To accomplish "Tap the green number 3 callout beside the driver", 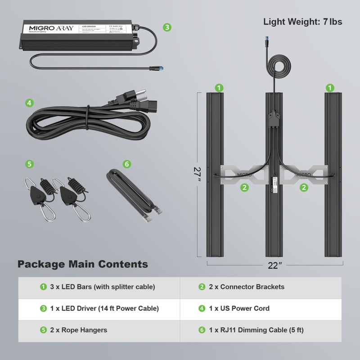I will click(167, 27).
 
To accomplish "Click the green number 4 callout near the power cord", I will click(29, 103).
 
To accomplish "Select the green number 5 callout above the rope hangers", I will click(29, 164).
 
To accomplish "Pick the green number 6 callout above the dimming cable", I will click(126, 164).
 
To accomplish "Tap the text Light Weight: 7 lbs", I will click(302, 21).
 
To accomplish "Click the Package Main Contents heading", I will click(83, 264).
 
